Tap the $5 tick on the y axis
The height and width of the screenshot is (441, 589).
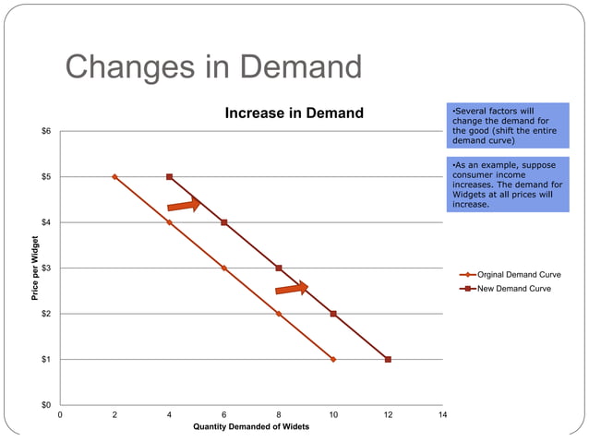pyautogui.click(x=45, y=176)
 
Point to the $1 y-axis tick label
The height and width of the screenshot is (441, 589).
pyautogui.click(x=45, y=359)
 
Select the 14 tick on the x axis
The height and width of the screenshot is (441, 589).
pyautogui.click(x=442, y=415)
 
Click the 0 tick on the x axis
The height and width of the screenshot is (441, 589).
pyautogui.click(x=61, y=415)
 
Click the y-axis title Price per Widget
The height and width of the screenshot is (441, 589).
pyautogui.click(x=33, y=268)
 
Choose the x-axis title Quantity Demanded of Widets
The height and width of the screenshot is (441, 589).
pyautogui.click(x=251, y=427)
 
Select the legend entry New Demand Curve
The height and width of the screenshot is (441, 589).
pyautogui.click(x=513, y=289)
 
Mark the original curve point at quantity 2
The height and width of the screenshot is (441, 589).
pyautogui.click(x=114, y=176)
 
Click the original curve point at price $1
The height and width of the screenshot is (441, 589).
pyautogui.click(x=333, y=359)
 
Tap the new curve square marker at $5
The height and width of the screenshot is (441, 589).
pyautogui.click(x=169, y=176)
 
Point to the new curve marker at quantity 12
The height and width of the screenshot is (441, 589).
pyautogui.click(x=388, y=359)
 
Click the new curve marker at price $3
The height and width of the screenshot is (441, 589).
pyautogui.click(x=279, y=268)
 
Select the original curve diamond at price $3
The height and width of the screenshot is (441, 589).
pyautogui.click(x=224, y=268)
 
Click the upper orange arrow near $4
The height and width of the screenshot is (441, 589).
pyautogui.click(x=184, y=205)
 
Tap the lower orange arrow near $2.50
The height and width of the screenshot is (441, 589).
pyautogui.click(x=292, y=290)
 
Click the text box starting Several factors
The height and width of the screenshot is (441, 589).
pyautogui.click(x=508, y=126)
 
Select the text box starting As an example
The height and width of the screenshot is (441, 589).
pyautogui.click(x=508, y=185)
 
